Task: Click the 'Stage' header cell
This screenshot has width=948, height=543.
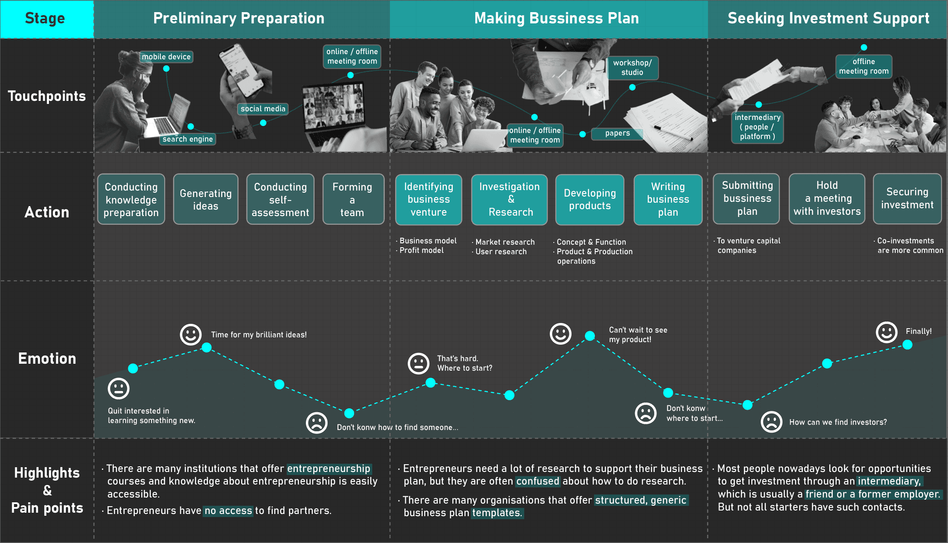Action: point(45,19)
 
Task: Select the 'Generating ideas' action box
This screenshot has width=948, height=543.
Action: point(205,199)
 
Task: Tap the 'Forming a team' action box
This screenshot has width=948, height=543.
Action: point(353,199)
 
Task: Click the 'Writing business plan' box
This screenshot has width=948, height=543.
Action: point(668,199)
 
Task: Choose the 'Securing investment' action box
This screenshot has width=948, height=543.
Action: point(907,199)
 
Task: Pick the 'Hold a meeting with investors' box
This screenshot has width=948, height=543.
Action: point(827,199)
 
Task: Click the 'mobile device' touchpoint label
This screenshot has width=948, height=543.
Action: point(166,57)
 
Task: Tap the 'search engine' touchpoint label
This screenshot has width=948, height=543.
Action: point(188,139)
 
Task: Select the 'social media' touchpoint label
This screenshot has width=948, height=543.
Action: point(263,109)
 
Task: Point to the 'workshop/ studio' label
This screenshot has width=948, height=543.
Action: point(632,68)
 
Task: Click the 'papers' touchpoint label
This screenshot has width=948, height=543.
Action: point(617,133)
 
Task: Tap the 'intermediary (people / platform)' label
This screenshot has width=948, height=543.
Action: point(757,127)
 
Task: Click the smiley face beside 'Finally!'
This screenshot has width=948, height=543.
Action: point(886,332)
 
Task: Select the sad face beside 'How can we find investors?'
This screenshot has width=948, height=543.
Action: point(771,422)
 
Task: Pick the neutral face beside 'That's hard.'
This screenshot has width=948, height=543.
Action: point(419,363)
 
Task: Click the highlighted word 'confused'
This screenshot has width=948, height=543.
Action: point(538,481)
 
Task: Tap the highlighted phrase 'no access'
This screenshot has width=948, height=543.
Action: point(228,511)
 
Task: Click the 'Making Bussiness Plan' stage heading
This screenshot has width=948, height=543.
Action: point(556,19)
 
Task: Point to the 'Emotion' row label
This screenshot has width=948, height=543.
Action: point(47,359)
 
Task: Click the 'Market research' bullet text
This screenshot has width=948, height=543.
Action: point(505,242)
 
